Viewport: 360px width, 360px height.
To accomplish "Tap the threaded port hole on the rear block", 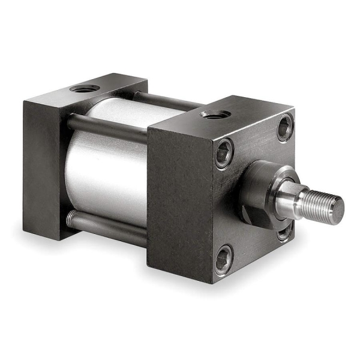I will [85, 89].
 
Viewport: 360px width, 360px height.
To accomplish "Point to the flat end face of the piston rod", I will [338, 207].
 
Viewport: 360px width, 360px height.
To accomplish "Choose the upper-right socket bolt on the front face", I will [284, 128].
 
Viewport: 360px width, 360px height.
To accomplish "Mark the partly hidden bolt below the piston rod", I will [284, 233].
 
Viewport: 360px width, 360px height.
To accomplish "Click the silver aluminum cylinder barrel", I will [105, 168].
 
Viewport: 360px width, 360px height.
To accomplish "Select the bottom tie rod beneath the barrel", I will [108, 225].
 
